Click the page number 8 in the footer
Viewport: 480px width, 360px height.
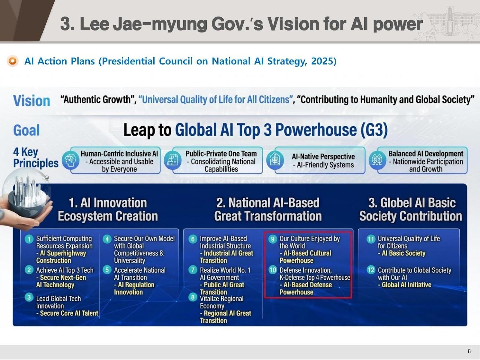point(469,351)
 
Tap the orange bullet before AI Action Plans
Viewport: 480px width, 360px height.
point(13,61)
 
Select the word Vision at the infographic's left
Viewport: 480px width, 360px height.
point(31,101)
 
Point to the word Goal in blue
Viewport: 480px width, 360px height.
point(26,130)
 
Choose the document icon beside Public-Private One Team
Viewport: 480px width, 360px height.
point(172,160)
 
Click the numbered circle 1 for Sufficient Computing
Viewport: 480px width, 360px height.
point(29,239)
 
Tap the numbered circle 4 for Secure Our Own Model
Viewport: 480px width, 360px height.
point(107,239)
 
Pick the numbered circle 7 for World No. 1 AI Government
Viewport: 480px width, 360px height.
point(193,270)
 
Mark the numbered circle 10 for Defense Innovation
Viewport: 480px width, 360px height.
point(272,270)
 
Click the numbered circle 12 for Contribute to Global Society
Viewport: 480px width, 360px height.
point(371,270)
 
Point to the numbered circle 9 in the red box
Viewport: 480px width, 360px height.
point(272,239)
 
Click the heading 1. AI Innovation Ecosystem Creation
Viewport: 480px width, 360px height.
point(108,209)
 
